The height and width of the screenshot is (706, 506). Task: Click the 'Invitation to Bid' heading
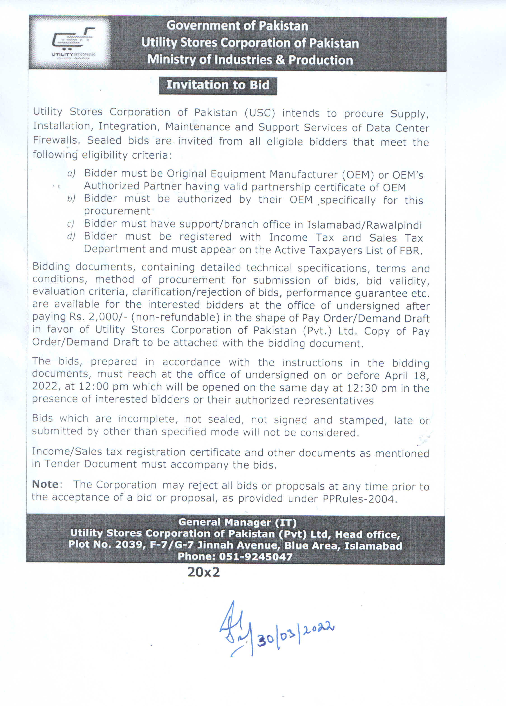pos(218,85)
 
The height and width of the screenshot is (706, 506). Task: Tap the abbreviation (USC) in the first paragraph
pos(260,113)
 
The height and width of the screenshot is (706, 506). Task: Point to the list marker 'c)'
pos(71,224)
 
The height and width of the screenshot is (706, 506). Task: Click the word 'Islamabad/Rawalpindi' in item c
pos(364,225)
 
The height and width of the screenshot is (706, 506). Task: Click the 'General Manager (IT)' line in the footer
pos(237,522)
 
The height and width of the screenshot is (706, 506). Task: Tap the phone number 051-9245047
pos(256,556)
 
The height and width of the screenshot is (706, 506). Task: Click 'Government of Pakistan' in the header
pos(237,26)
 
